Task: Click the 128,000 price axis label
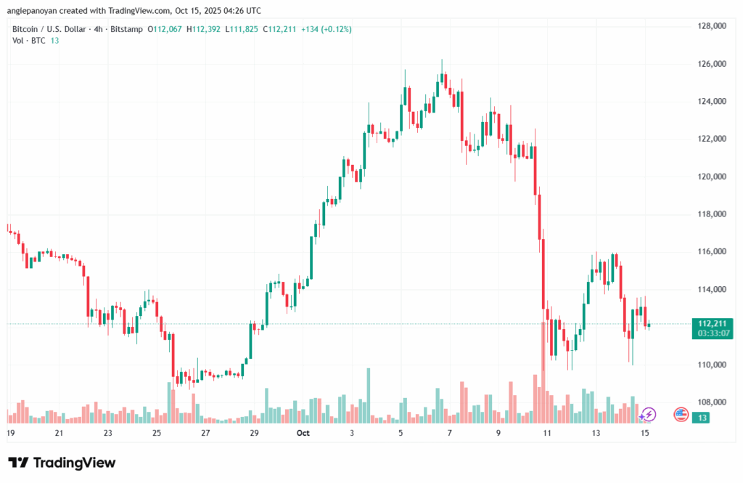coord(712,26)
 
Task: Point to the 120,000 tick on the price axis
coord(712,176)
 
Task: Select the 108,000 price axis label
coord(712,402)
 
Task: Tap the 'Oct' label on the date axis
coord(303,433)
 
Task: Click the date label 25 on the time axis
coord(157,433)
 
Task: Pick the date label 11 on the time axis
coord(547,433)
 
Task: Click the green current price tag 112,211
coord(713,323)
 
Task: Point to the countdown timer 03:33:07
coord(713,333)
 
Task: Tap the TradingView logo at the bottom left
coord(62,463)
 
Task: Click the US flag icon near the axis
coord(681,415)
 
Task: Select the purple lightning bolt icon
coord(649,415)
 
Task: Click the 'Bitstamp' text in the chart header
coord(127,29)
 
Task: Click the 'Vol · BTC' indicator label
coord(29,41)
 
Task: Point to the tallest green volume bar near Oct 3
coord(368,395)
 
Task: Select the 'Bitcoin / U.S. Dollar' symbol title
coord(50,29)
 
